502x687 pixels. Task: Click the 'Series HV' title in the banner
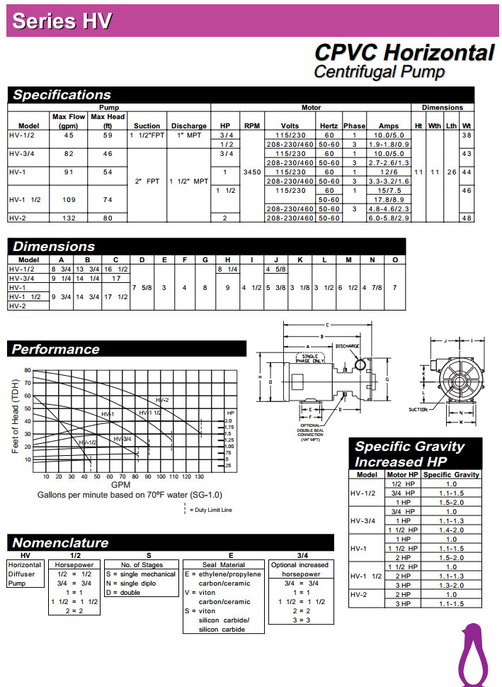[x=62, y=21]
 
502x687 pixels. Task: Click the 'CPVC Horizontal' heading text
[x=404, y=53]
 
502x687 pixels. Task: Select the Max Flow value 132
[x=69, y=218]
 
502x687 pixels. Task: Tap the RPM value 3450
[x=252, y=172]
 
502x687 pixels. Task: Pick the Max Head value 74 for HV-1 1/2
[x=108, y=200]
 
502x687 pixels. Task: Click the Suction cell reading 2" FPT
[x=147, y=181]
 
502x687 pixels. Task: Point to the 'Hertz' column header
[x=329, y=125]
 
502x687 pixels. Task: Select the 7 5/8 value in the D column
[x=142, y=287]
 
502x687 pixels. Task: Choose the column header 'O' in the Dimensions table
[x=394, y=259]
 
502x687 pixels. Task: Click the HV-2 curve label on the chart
[x=163, y=401]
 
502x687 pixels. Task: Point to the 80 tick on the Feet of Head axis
[x=27, y=370]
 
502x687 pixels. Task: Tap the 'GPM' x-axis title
[x=121, y=485]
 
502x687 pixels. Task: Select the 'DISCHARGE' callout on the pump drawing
[x=348, y=346]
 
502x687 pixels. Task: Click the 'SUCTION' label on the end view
[x=418, y=409]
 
